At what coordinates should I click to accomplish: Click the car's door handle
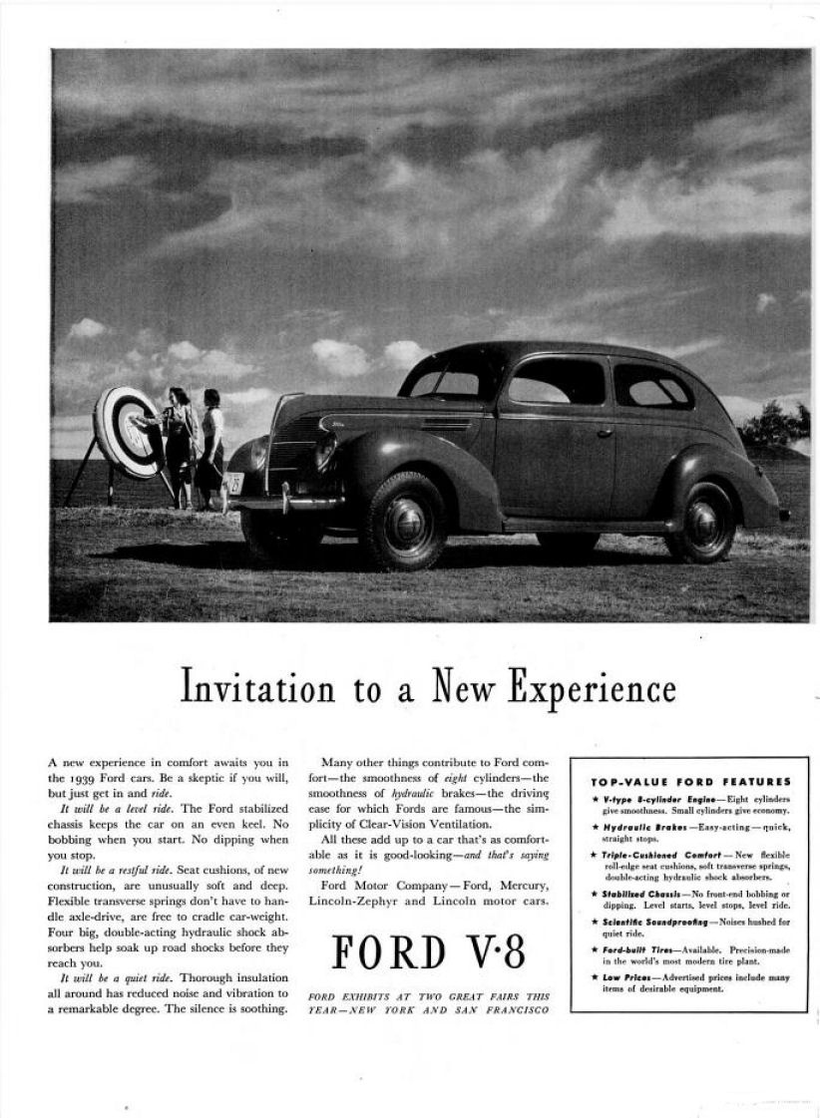point(604,433)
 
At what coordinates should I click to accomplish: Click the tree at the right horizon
point(776,424)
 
